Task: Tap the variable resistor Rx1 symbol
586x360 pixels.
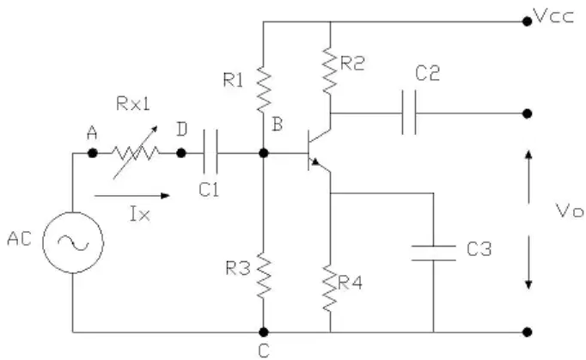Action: click(x=136, y=153)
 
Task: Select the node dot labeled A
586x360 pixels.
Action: click(x=92, y=153)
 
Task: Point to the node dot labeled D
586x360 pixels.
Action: click(x=181, y=153)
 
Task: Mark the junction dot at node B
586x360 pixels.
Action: click(x=264, y=153)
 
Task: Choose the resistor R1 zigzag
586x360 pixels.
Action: click(x=264, y=89)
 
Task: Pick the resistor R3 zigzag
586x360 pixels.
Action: click(x=264, y=276)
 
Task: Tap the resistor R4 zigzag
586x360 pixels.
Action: click(x=330, y=288)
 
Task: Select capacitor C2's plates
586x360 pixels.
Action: click(x=409, y=113)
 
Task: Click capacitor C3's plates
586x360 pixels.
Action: click(x=434, y=253)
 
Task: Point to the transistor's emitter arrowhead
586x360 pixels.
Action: click(x=316, y=162)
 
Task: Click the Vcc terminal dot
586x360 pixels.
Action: click(x=527, y=21)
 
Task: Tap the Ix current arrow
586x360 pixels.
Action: click(x=132, y=196)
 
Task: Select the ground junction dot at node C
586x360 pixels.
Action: click(x=264, y=332)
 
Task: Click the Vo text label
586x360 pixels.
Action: click(x=570, y=211)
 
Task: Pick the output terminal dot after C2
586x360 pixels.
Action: click(x=527, y=113)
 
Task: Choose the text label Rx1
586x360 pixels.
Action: click(x=133, y=104)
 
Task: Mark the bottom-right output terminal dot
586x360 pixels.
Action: click(x=527, y=332)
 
